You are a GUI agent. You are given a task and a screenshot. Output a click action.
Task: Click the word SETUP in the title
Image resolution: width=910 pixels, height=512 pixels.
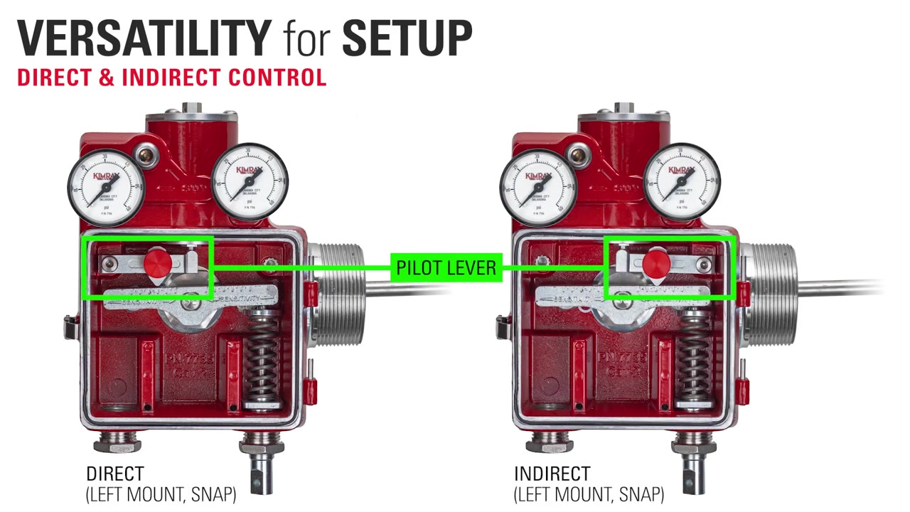coord(407,38)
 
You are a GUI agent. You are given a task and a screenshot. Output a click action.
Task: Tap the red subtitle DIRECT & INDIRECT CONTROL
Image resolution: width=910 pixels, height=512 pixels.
coord(171,78)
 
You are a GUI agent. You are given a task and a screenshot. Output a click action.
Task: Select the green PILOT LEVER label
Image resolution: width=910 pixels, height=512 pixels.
coord(446,267)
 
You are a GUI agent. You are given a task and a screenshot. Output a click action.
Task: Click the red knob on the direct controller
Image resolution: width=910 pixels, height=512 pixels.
coord(157,263)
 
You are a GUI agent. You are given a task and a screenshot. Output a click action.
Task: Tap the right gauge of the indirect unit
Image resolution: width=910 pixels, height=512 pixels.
coord(682,182)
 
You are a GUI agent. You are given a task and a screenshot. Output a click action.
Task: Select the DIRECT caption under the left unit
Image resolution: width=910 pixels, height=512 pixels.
coord(115,474)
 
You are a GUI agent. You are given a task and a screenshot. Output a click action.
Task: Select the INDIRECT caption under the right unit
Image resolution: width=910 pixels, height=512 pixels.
coord(552,474)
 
